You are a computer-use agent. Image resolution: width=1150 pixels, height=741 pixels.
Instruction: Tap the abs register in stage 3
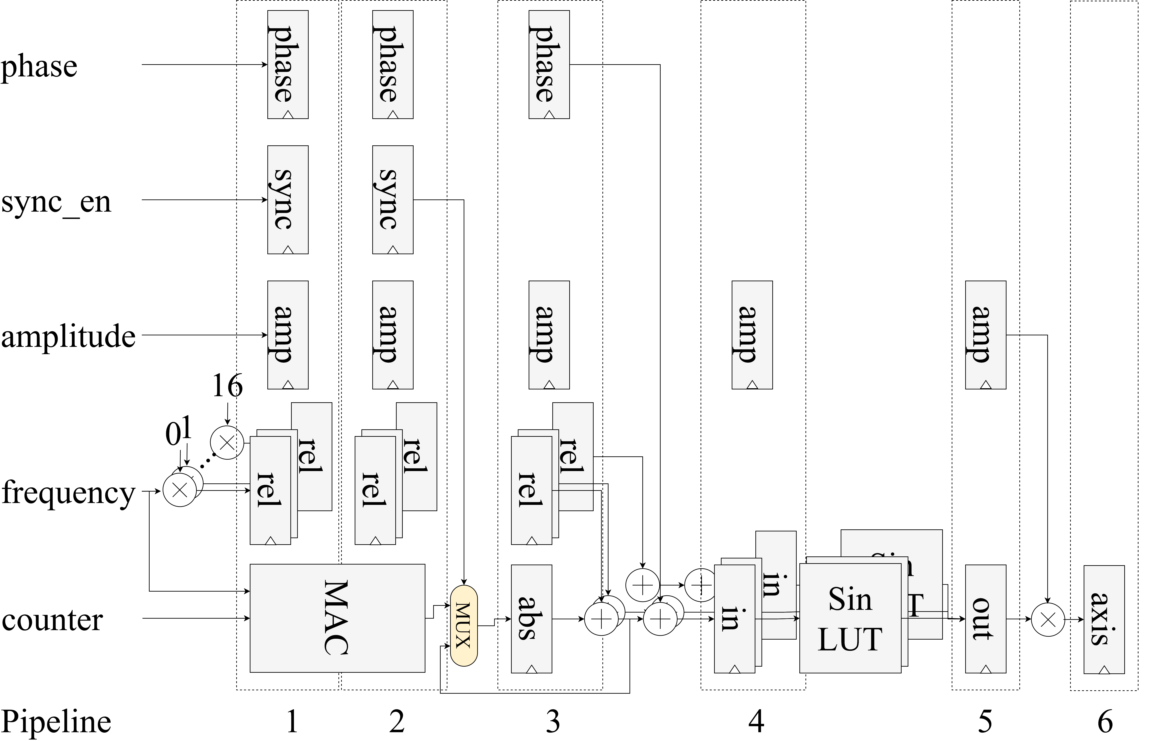(x=531, y=618)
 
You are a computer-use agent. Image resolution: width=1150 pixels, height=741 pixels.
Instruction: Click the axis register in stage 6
(x=1104, y=619)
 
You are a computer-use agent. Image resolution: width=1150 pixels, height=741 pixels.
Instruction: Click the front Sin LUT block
(x=850, y=618)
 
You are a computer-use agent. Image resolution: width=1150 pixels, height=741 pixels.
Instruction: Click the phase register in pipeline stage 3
(x=549, y=64)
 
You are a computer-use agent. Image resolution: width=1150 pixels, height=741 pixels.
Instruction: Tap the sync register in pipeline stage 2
(x=392, y=200)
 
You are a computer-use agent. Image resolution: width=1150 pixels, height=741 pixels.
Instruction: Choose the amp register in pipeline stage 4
(x=752, y=335)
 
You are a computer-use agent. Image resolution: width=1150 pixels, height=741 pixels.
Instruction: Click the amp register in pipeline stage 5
(x=985, y=335)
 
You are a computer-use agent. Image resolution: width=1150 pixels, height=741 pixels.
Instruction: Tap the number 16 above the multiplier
(x=227, y=386)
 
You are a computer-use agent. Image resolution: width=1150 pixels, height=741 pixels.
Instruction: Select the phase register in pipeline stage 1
(x=287, y=64)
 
